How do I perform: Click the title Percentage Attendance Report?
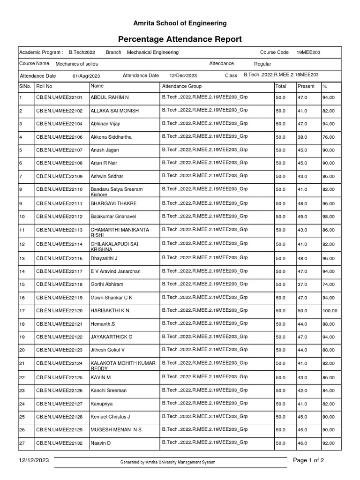[180, 39]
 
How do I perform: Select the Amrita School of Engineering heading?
[180, 23]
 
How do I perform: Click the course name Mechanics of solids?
[76, 64]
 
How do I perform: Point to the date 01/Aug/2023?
[86, 76]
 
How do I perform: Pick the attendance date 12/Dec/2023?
[183, 75]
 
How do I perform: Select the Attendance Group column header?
[182, 86]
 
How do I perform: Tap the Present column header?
[306, 86]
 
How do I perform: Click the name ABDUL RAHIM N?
[109, 97]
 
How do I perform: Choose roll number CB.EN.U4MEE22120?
[59, 311]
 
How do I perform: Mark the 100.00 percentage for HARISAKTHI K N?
[330, 311]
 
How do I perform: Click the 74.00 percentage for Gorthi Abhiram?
[328, 285]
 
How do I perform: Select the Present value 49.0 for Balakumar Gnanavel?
[302, 217]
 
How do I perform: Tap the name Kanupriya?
[101, 404]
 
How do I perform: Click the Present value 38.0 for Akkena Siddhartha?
[302, 137]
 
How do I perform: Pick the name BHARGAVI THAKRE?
[113, 204]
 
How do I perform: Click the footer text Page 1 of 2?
[308, 460]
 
